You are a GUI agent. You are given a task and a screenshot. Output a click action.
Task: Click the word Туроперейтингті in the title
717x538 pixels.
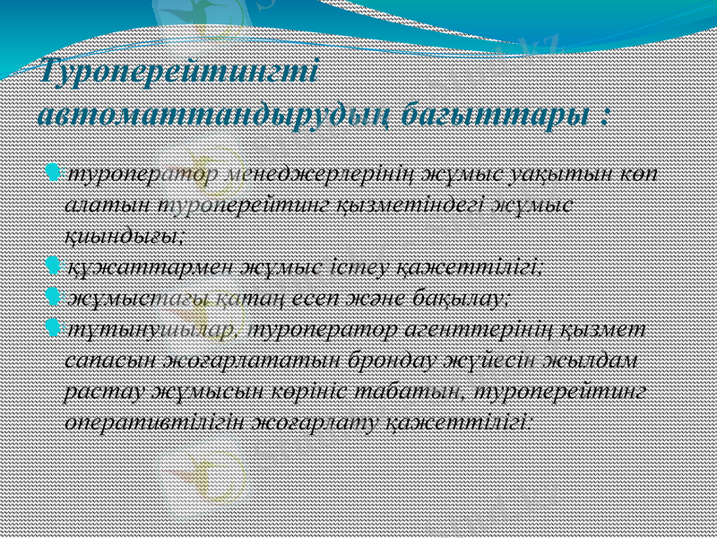coord(179,70)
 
